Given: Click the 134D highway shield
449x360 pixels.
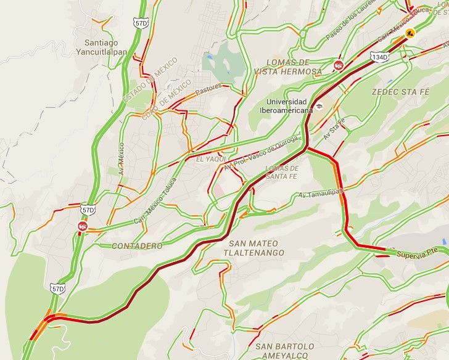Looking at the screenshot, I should coord(380,57).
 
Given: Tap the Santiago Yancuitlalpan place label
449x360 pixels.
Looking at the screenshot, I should coord(105,47).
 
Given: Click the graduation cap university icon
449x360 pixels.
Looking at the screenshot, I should coord(319,106).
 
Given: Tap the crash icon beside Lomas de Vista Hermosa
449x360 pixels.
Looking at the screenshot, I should coord(339,65).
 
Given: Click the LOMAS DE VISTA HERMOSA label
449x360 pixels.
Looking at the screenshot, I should coord(288,67).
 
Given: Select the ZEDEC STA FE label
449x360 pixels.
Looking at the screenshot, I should coord(400,91).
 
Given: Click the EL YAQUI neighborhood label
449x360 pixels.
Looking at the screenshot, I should coord(208,159).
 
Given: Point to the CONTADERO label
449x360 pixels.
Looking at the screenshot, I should coord(137,245).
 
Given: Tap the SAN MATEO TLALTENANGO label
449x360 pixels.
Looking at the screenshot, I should coord(253,248).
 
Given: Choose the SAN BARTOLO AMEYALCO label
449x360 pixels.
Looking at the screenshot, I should coord(284,351).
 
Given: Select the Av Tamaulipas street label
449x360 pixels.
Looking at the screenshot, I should coord(321,194).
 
